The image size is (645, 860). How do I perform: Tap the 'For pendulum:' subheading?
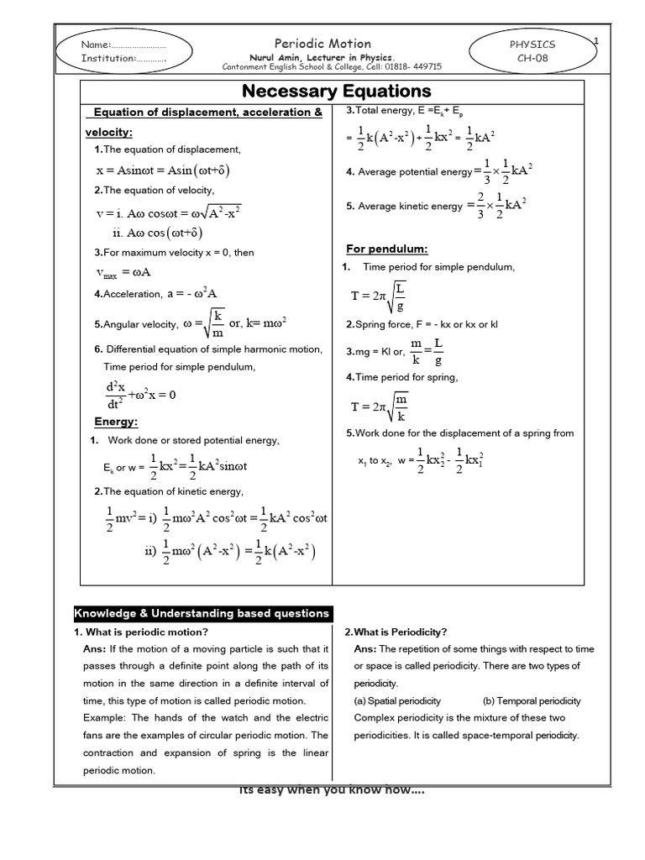point(387,249)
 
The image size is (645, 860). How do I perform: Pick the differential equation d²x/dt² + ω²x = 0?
point(139,395)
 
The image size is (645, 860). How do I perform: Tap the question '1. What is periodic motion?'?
point(140,632)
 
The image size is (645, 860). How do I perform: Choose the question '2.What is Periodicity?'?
point(396,632)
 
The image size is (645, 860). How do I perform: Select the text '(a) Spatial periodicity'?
point(397,700)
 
